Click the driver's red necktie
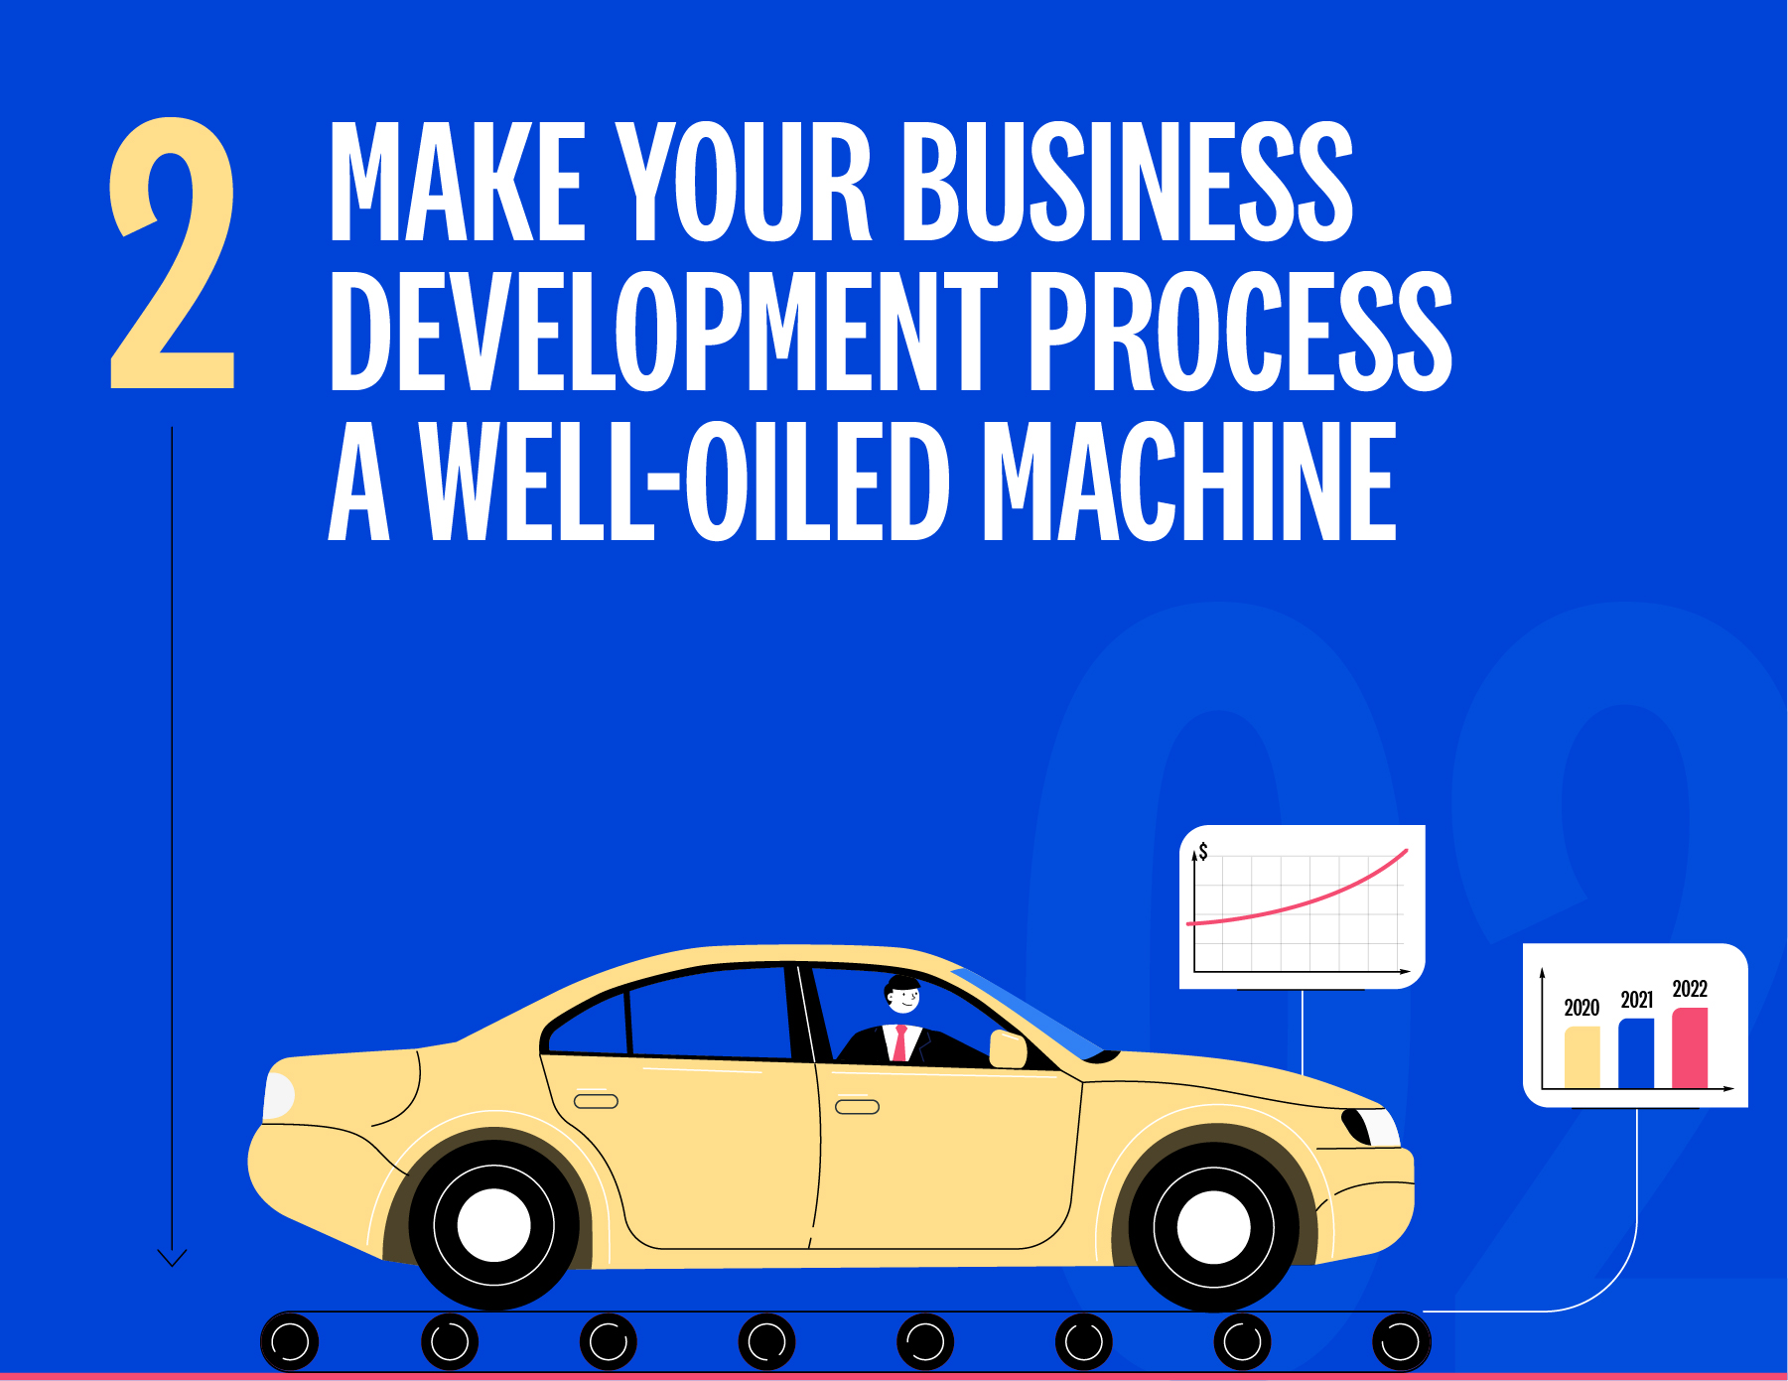pos(900,1043)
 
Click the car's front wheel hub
pos(1213,1227)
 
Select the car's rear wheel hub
pos(493,1225)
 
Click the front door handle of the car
pos(857,1107)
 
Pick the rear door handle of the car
pos(596,1101)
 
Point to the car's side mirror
pos(1008,1048)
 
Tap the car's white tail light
pos(278,1095)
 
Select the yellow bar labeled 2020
pos(1582,1057)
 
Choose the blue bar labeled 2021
pos(1636,1053)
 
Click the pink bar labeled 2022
pos(1690,1048)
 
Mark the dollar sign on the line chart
pos(1203,852)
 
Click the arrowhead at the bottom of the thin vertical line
pos(172,1259)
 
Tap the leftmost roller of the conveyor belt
pos(290,1342)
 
